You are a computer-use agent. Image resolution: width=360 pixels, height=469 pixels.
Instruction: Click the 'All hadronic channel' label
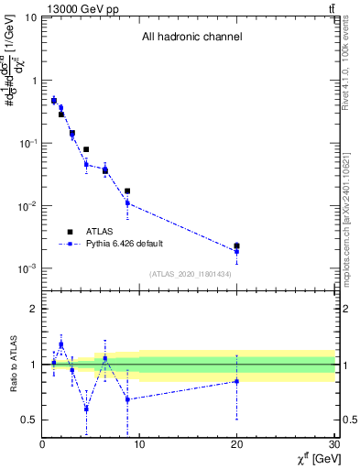pyautogui.click(x=191, y=38)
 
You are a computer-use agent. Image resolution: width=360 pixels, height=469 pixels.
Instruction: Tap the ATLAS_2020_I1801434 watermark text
pyautogui.click(x=190, y=274)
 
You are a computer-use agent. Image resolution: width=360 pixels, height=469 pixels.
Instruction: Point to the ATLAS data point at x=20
pyautogui.click(x=237, y=245)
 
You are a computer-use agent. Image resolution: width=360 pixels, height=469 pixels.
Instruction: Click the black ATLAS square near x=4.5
pyautogui.click(x=86, y=149)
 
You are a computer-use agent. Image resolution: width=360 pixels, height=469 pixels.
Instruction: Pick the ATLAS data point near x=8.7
pyautogui.click(x=127, y=191)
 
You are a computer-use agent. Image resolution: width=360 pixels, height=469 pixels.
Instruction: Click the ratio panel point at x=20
pyautogui.click(x=237, y=381)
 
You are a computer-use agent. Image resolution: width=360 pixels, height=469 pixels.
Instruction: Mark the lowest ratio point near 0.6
pyautogui.click(x=86, y=409)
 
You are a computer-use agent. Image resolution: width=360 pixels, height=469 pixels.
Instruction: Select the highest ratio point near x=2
pyautogui.click(x=61, y=344)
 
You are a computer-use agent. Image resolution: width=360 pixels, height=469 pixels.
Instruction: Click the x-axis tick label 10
pyautogui.click(x=139, y=445)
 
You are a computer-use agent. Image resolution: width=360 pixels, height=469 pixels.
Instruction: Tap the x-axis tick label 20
pyautogui.click(x=237, y=445)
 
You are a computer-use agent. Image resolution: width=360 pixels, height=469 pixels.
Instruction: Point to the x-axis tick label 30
pyautogui.click(x=333, y=445)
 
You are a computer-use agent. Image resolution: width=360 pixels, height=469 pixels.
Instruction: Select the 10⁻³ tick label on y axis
pyautogui.click(x=27, y=268)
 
